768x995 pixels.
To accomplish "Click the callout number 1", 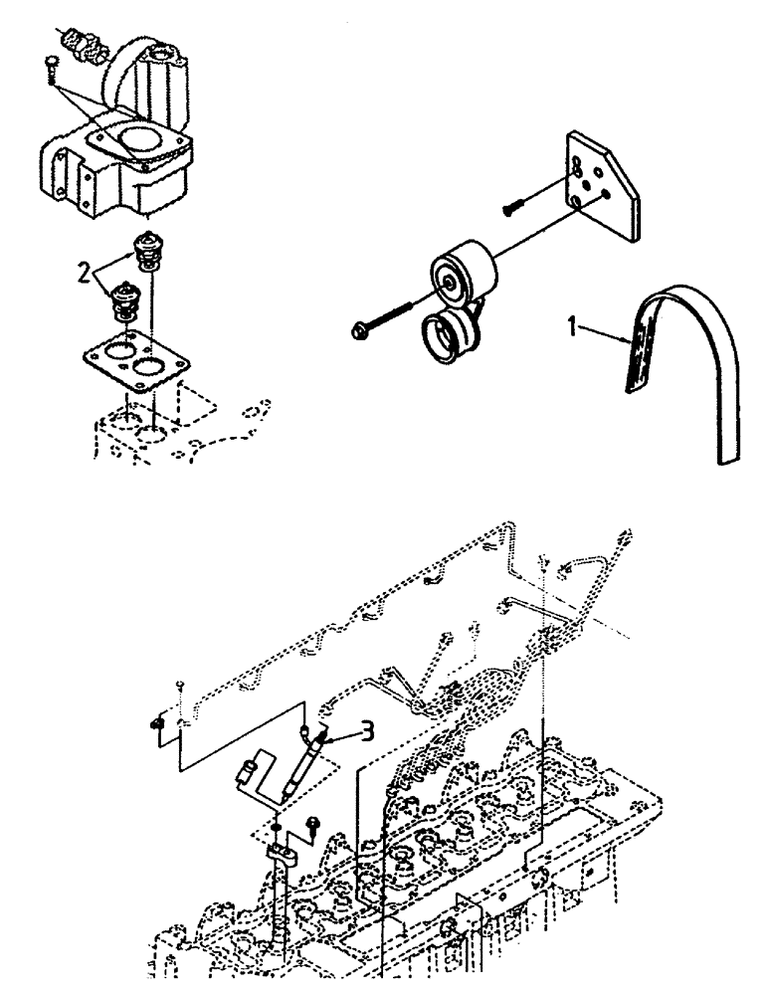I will pos(572,325).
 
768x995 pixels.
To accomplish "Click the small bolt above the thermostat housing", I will pos(51,65).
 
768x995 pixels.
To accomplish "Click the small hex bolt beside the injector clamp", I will pos(314,824).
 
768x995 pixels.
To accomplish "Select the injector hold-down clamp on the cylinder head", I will pos(283,852).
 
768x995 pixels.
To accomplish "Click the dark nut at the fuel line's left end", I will pos(157,723).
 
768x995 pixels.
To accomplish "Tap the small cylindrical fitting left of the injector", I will pos(249,770).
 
